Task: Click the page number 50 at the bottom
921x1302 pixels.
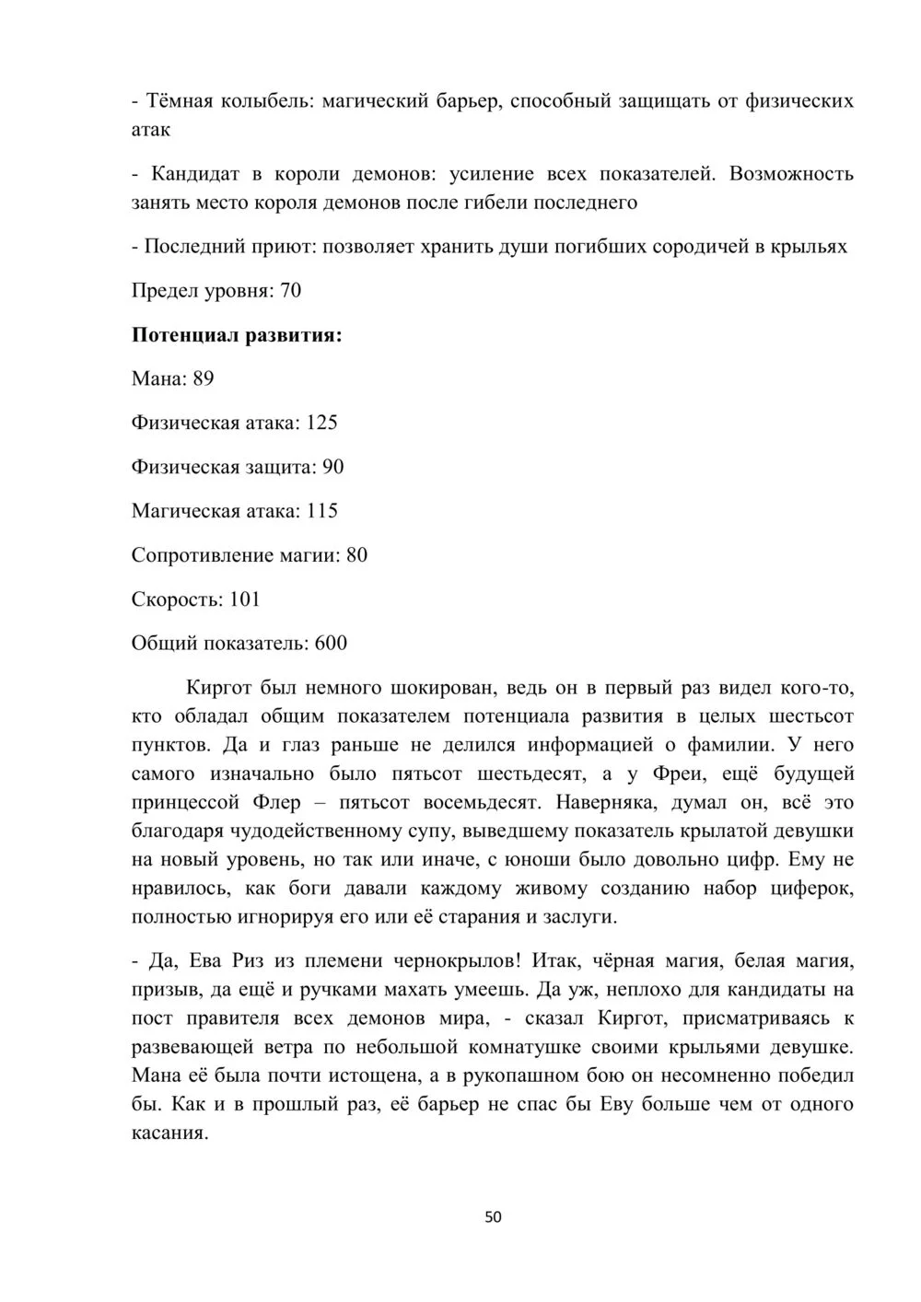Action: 493,1216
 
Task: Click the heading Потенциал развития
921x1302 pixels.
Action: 237,334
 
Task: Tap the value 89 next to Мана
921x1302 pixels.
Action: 204,378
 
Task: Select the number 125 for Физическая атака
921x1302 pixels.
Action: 321,423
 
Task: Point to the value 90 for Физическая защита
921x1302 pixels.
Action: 332,467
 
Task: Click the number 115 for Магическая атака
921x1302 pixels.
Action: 321,511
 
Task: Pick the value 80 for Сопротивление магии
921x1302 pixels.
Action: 356,555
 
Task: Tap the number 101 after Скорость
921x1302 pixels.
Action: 245,599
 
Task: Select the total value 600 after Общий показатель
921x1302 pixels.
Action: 331,643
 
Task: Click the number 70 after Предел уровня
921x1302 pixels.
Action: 290,291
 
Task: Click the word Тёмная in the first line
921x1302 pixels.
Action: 179,100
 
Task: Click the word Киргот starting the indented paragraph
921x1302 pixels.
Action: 217,687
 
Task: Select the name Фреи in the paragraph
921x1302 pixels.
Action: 678,773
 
